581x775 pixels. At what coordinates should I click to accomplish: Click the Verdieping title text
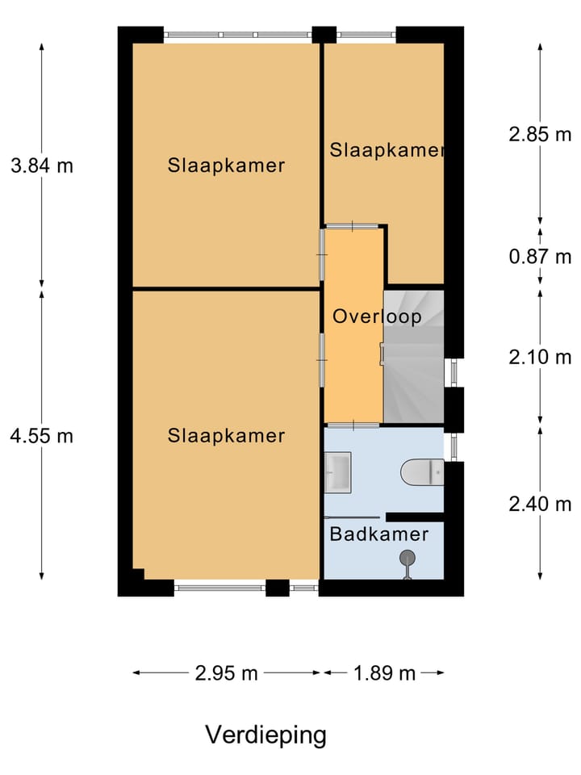(x=265, y=735)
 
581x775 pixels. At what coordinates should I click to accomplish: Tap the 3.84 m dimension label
(x=42, y=165)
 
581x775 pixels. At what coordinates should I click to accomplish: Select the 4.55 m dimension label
(x=42, y=436)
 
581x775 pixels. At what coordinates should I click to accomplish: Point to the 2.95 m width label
(x=226, y=672)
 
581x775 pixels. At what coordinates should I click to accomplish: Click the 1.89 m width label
(x=384, y=672)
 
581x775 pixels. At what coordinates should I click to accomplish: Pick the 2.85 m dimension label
(x=540, y=135)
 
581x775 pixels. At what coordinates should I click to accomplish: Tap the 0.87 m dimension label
(x=540, y=257)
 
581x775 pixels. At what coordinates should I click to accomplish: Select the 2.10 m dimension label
(x=540, y=357)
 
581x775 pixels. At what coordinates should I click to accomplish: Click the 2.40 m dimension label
(x=540, y=504)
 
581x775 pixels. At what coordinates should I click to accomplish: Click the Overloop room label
(x=377, y=316)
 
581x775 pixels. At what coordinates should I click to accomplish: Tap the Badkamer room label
(x=379, y=534)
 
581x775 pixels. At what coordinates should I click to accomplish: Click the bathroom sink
(x=338, y=472)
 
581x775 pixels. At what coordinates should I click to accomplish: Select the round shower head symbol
(x=407, y=558)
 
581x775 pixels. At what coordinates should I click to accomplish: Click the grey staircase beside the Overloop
(x=414, y=357)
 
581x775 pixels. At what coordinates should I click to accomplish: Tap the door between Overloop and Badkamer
(x=353, y=425)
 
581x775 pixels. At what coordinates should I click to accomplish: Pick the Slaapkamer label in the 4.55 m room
(x=226, y=436)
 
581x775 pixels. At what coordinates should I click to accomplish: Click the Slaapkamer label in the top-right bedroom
(x=387, y=150)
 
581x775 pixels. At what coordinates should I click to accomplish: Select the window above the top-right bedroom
(x=366, y=35)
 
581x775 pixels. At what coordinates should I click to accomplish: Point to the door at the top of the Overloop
(x=353, y=226)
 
